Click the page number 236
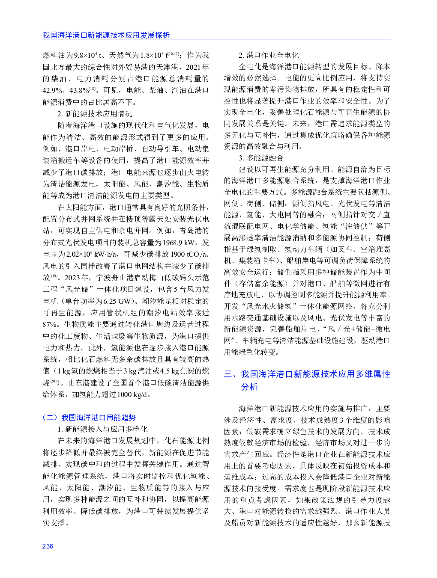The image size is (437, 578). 48,546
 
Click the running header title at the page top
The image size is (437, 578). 106,35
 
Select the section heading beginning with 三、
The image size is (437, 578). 307,380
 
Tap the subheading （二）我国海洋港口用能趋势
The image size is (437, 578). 89,417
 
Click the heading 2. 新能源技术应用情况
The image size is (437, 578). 95,114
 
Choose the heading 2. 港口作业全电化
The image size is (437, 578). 269,55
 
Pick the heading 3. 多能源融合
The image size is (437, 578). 261,158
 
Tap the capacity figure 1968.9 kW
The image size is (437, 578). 179,243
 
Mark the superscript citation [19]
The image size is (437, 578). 54,276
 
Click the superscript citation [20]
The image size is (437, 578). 54,381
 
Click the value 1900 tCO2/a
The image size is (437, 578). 188,254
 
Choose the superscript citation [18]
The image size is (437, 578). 92,89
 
